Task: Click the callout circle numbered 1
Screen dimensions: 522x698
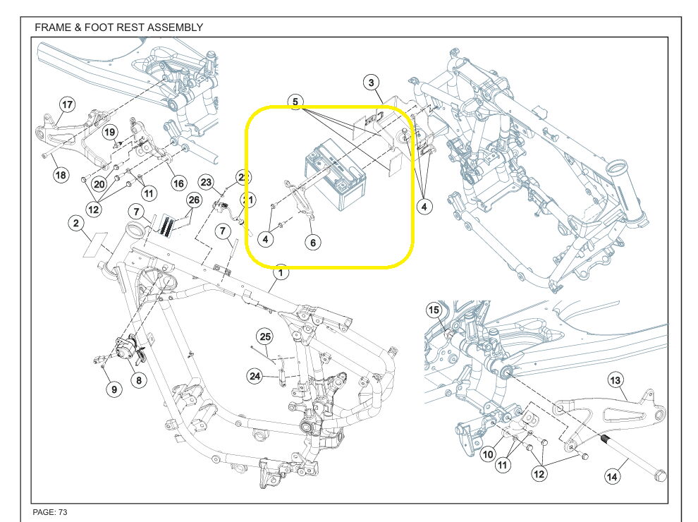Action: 281,272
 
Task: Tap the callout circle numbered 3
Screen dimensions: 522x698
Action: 371,83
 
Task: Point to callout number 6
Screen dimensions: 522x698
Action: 313,242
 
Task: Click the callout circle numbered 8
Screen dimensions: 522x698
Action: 138,380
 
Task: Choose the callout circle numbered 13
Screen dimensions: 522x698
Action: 615,381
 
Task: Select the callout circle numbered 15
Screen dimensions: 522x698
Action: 434,310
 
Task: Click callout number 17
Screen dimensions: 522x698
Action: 66,105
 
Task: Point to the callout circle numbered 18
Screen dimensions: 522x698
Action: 61,174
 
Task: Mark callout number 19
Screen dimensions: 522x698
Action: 109,132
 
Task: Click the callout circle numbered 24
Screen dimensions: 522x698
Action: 255,376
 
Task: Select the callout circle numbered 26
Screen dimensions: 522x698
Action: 194,200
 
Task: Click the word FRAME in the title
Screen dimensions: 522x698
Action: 51,28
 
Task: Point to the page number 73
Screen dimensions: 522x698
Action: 61,511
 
